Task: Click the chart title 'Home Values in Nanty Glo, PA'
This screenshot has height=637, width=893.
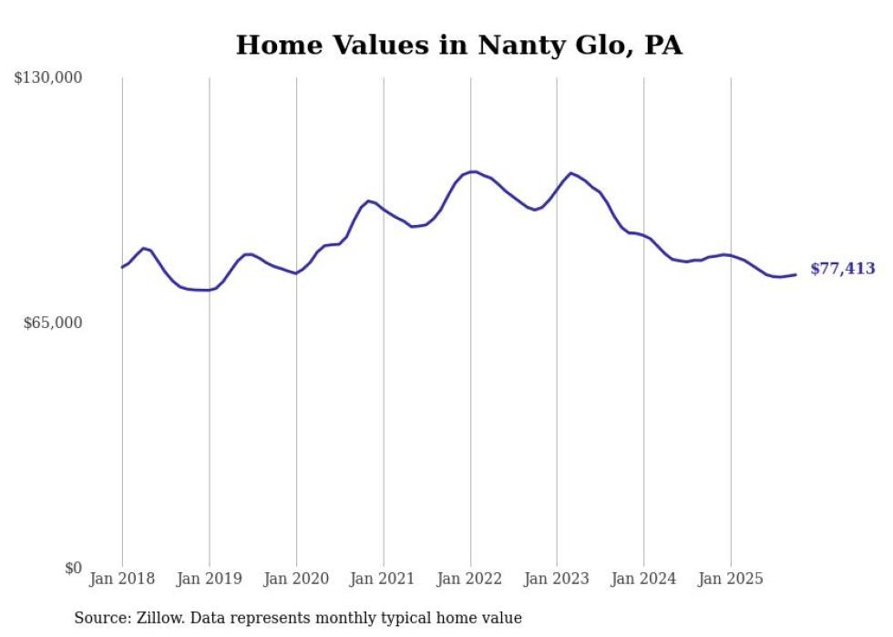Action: click(x=458, y=45)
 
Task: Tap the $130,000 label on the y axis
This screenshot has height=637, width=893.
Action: click(x=48, y=78)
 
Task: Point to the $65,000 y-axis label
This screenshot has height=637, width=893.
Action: click(x=53, y=323)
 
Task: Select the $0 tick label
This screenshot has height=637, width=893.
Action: click(x=73, y=568)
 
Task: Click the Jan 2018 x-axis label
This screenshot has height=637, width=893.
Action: click(x=122, y=579)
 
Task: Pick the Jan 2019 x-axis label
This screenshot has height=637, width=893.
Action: click(x=209, y=579)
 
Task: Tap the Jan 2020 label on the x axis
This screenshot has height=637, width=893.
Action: click(x=296, y=579)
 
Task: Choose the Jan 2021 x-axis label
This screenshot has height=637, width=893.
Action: click(x=383, y=579)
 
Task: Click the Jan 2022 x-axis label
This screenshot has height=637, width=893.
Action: click(x=470, y=579)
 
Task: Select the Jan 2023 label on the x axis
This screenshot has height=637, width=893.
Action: click(x=557, y=579)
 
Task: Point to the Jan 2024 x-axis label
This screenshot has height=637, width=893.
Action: click(x=643, y=579)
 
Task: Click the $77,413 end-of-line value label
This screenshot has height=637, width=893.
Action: click(x=842, y=269)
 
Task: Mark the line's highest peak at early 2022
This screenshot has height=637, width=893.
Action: click(x=472, y=171)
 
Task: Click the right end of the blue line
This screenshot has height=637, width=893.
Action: click(x=795, y=274)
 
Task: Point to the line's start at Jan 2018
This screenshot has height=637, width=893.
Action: click(x=122, y=267)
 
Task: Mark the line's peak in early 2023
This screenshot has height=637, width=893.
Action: click(x=570, y=173)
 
